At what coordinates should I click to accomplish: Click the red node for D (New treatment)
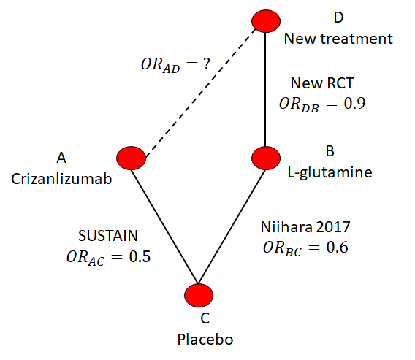coord(266,21)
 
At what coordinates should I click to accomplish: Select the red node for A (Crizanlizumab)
coord(131,158)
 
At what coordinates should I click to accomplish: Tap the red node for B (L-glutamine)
coord(266,158)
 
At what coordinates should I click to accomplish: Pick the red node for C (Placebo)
coord(199,295)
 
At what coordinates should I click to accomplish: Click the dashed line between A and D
coord(201,93)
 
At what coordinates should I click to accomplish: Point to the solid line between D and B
coord(265,89)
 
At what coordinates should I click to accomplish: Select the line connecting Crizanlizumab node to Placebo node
coord(164,226)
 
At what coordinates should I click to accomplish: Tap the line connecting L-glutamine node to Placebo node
coord(232,226)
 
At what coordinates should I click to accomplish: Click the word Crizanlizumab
coord(61,179)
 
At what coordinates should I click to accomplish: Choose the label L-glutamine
coord(330,173)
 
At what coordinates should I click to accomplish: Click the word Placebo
coord(205,340)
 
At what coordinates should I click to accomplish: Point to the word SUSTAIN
coord(108,235)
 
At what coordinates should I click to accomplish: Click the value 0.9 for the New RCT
coord(354,104)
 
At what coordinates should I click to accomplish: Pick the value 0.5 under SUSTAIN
coord(140,256)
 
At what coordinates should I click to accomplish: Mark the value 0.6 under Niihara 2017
coord(338,248)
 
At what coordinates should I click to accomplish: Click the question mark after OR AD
coord(207,64)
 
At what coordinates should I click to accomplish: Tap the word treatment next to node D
coord(357,39)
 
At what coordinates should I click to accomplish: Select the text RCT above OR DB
coord(340,83)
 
